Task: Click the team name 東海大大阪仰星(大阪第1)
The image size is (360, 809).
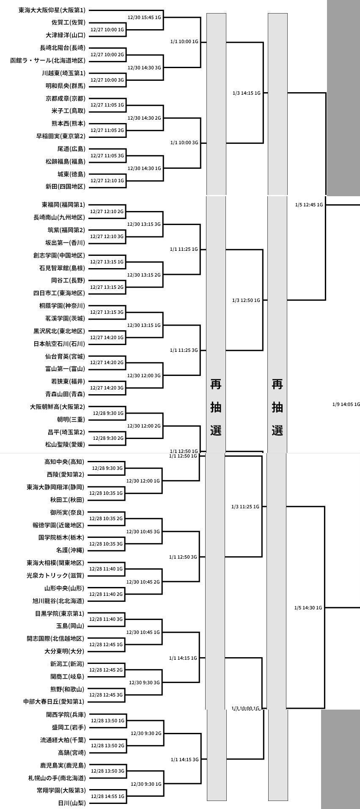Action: [x=52, y=10]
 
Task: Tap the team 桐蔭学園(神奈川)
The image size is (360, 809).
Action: [x=59, y=306]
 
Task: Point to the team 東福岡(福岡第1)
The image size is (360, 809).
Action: [x=63, y=205]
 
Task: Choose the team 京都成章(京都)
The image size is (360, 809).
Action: [x=65, y=99]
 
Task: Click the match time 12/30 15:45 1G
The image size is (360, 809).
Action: [x=144, y=17]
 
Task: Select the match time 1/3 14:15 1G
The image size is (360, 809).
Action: [x=246, y=93]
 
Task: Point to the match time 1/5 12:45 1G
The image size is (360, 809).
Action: [x=309, y=205]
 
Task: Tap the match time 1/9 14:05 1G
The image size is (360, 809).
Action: [x=346, y=404]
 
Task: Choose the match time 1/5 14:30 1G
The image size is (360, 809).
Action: [x=308, y=608]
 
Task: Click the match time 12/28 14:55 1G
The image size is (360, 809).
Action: [x=107, y=796]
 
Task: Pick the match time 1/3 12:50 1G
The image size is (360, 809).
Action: [x=246, y=300]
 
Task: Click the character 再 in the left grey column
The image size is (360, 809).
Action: [x=216, y=384]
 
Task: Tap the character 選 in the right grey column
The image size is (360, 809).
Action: [x=278, y=431]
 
